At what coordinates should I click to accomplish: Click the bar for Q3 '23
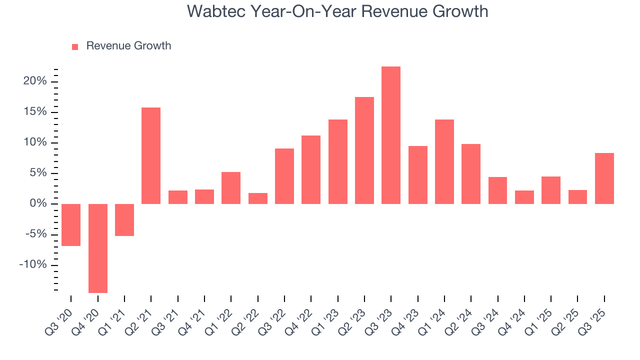click(x=391, y=135)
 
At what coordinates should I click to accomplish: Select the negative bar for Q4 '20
click(x=98, y=248)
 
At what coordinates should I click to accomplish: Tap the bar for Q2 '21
click(x=151, y=155)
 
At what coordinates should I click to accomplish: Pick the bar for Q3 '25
click(x=604, y=178)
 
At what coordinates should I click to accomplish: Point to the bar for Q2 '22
click(x=258, y=198)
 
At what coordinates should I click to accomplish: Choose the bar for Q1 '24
click(x=444, y=161)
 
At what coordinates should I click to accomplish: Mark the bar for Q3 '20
click(x=71, y=225)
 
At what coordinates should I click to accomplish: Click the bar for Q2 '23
click(x=364, y=150)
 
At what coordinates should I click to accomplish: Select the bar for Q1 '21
click(x=124, y=220)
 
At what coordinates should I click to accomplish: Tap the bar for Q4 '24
click(x=524, y=197)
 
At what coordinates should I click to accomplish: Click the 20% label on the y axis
click(x=35, y=81)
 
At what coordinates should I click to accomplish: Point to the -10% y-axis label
click(x=33, y=265)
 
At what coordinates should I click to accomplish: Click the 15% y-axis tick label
click(x=35, y=112)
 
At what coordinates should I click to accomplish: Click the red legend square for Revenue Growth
click(x=75, y=46)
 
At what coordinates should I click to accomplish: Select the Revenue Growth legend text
click(x=128, y=46)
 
